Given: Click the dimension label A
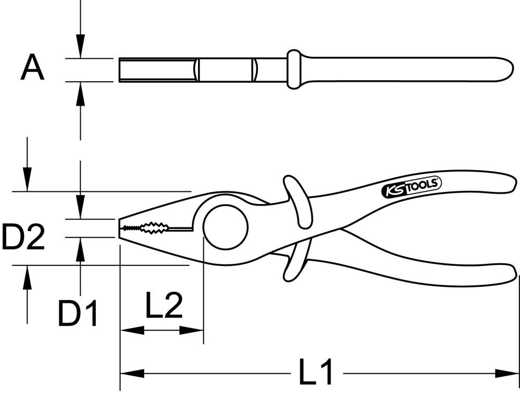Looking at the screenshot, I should point(32,69).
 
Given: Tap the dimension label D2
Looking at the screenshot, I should point(23,236).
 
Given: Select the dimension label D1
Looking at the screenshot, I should point(78,313).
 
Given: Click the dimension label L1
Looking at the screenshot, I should point(316,372).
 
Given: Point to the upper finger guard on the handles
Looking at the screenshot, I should point(297,200).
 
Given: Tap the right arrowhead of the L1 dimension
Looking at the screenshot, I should point(507,373).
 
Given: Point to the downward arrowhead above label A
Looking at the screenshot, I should point(80,47).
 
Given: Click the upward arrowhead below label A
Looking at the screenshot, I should point(80,93).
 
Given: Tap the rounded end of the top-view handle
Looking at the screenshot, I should point(507,69).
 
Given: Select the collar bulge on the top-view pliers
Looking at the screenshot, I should point(293,69).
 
